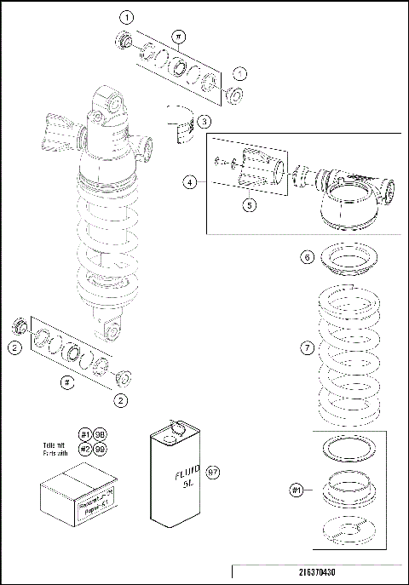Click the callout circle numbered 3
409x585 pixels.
[205, 123]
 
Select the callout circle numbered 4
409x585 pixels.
[189, 181]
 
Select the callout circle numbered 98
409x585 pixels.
[100, 433]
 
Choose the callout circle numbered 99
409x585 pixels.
[100, 448]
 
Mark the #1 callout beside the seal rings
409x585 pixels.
[297, 490]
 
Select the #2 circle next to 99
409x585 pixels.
[85, 448]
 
